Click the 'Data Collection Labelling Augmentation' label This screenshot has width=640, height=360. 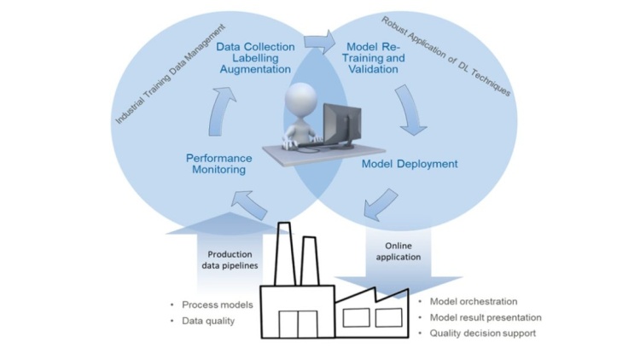point(253,58)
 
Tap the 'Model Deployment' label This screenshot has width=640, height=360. point(410,163)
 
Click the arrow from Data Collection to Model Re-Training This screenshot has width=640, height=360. point(320,40)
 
